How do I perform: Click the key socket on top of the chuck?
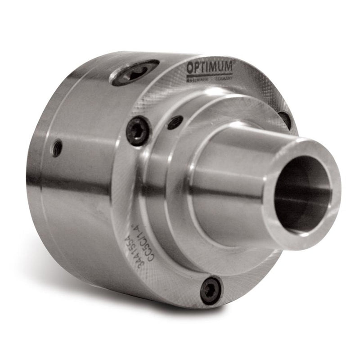(x=135, y=73)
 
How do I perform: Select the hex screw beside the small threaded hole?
(x=138, y=130)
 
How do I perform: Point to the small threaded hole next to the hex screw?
(x=175, y=122)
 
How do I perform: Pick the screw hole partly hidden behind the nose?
(x=284, y=119)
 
